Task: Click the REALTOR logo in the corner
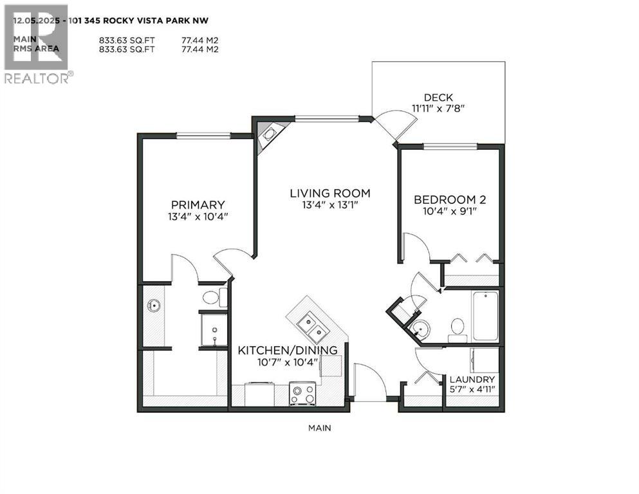pos(37,45)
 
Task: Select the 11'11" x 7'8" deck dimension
pos(438,109)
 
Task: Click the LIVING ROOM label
pos(329,193)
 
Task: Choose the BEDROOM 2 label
pos(449,200)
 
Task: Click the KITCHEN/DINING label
pos(288,350)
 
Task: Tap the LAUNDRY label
pos(472,380)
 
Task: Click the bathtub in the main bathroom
pos(485,316)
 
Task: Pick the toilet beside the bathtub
pos(458,327)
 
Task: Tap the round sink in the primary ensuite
pos(153,305)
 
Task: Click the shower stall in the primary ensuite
pos(213,329)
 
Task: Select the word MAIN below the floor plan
pos(319,427)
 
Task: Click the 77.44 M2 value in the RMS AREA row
pos(200,48)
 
